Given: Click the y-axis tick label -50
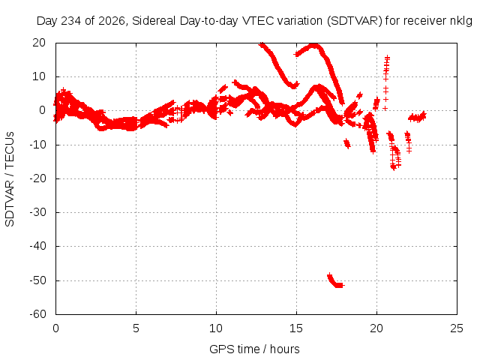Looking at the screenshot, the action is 37,280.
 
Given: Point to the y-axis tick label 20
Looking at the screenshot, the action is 39,43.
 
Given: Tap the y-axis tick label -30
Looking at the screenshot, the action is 37,212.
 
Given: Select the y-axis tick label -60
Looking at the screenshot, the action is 37,314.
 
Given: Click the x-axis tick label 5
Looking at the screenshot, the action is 136,328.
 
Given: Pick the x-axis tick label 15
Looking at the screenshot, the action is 296,328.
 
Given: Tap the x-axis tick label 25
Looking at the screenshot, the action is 457,328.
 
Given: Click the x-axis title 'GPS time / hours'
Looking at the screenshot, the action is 254,349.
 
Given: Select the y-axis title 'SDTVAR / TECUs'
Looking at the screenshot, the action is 10,179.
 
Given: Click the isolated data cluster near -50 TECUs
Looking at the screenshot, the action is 335,281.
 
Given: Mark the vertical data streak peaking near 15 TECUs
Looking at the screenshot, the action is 386,82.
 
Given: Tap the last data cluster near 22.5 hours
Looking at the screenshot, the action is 417,117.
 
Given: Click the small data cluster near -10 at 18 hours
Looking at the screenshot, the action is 346,143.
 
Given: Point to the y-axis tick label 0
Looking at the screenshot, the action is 42,110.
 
